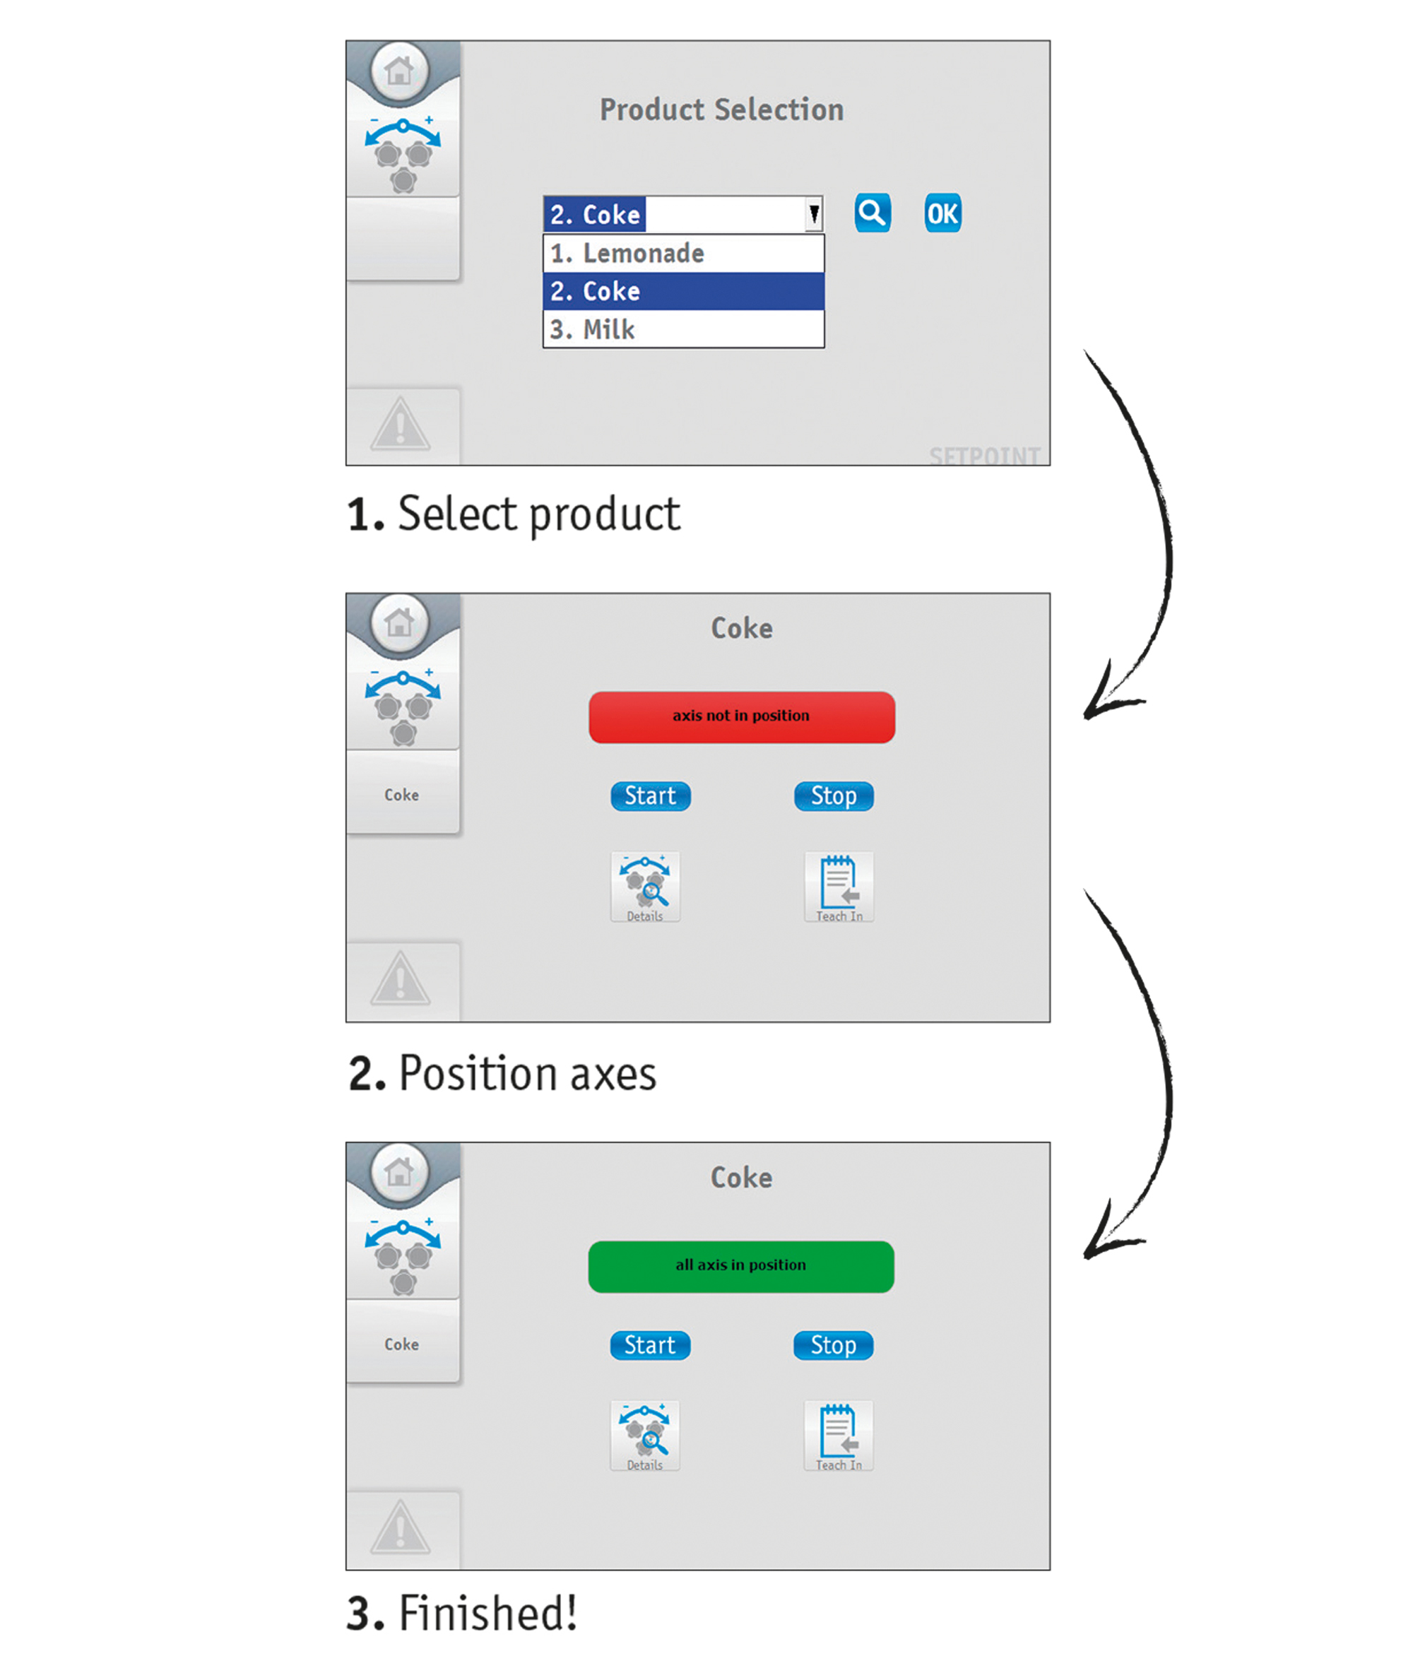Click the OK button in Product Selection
942,213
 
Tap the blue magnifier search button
872,213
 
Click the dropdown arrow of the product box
814,214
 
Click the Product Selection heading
721,110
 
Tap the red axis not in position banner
741,716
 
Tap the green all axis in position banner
740,1265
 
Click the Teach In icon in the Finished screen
839,1435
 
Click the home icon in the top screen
400,71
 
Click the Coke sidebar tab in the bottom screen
402,1344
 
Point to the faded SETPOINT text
984,456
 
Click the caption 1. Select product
513,513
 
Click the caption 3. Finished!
461,1613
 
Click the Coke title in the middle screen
741,628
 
